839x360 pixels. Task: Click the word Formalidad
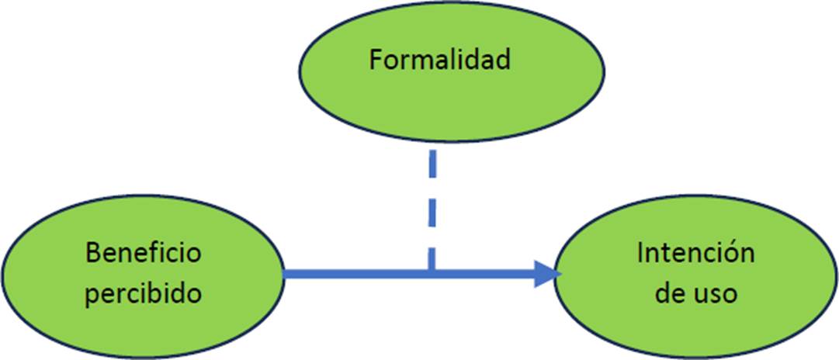tap(439, 61)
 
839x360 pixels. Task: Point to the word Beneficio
tap(144, 254)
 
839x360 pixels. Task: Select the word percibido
tap(144, 295)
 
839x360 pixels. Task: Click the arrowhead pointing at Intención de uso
tap(549, 274)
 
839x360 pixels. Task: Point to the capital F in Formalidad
tap(376, 61)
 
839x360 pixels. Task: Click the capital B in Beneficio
tap(93, 254)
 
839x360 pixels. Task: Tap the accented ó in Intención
tap(734, 254)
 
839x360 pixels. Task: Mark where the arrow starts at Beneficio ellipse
tap(286, 274)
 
